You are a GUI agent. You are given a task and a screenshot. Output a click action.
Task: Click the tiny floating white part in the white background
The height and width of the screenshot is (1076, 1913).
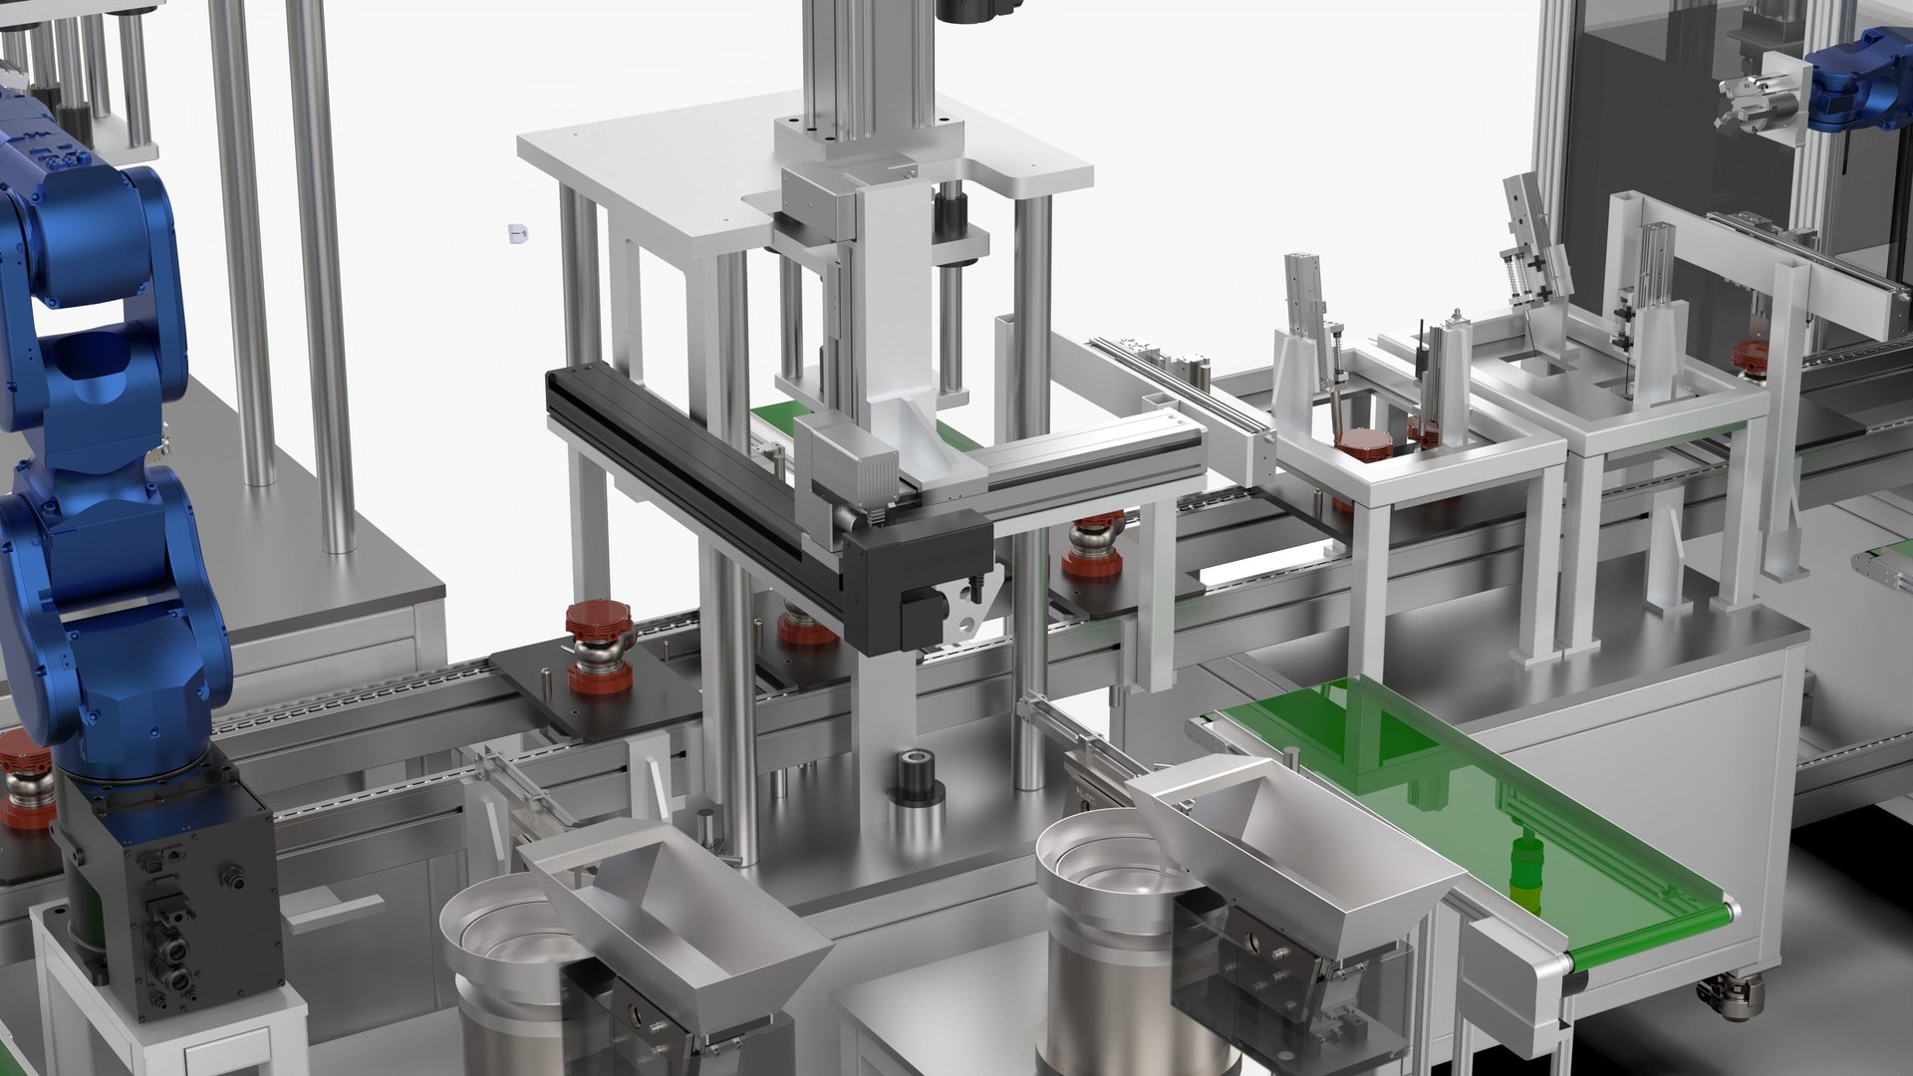coord(516,233)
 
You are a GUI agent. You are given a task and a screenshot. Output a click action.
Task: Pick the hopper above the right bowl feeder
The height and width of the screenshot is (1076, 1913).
coord(1295,847)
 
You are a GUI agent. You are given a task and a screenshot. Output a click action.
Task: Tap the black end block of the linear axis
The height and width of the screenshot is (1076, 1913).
coord(917,588)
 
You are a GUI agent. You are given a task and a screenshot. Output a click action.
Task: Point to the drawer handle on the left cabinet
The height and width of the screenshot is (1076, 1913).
coord(334,909)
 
